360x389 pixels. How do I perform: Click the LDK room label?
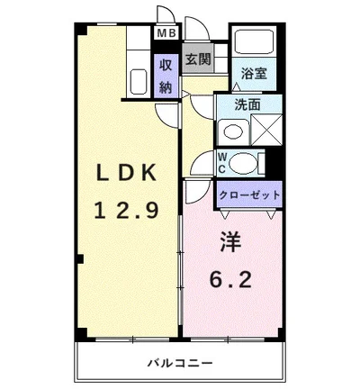point(126,170)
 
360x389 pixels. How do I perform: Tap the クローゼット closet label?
point(249,194)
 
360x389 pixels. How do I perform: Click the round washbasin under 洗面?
point(233,131)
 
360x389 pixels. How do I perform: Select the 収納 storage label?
point(166,76)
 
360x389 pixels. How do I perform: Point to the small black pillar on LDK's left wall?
point(79,259)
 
